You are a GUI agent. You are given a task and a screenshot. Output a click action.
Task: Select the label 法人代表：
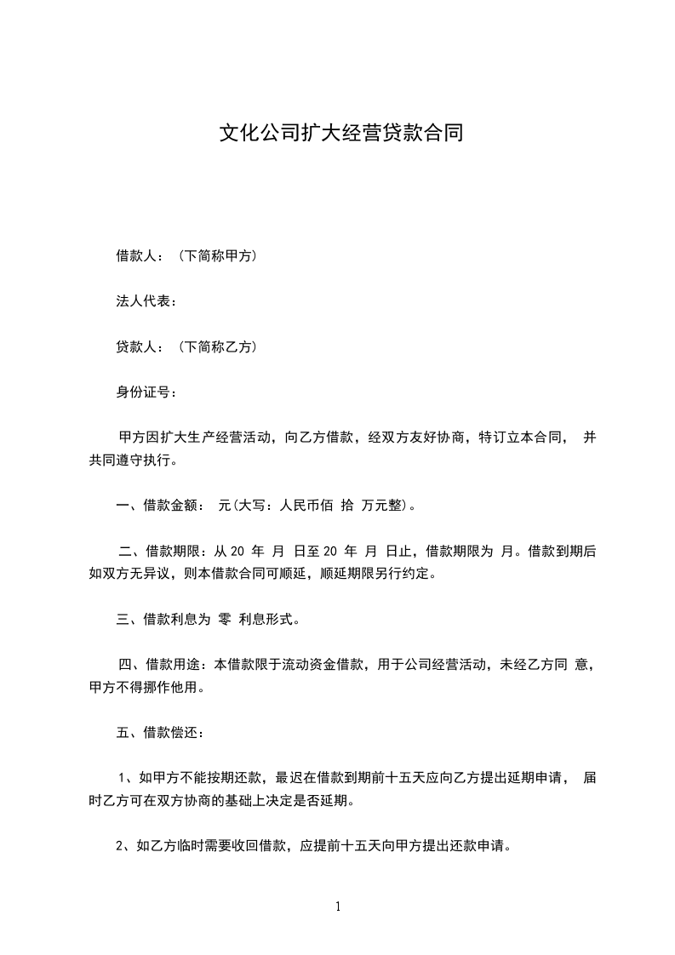(146, 301)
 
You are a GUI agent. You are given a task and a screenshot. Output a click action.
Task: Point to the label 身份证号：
(146, 392)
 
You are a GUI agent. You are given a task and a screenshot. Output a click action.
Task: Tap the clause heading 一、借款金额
(158, 506)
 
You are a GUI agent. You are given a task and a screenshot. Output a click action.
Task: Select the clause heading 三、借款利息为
(163, 620)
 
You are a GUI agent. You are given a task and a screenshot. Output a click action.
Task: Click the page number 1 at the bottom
(338, 907)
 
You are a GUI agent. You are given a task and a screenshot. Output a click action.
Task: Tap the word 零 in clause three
(226, 620)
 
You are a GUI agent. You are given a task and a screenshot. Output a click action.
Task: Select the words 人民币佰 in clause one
(306, 506)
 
